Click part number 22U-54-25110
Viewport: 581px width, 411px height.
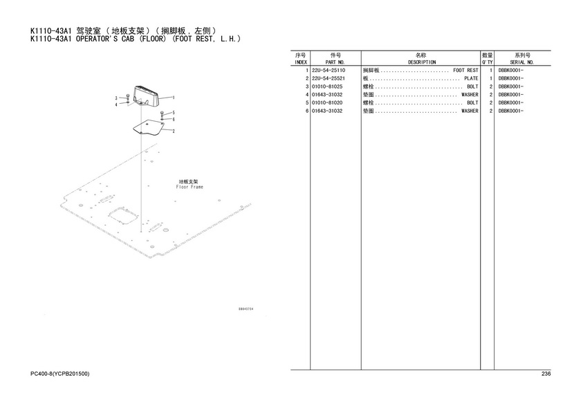[x=329, y=71]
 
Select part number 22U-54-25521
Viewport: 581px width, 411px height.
[x=329, y=79]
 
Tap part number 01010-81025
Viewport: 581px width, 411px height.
[x=327, y=86]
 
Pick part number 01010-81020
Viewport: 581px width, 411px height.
[x=327, y=103]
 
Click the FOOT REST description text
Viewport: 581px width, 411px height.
[x=465, y=71]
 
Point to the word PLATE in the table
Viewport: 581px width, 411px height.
[x=471, y=79]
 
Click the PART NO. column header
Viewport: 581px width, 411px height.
[x=335, y=62]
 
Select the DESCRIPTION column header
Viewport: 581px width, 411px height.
[x=422, y=62]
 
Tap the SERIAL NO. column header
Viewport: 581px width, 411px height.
[x=522, y=62]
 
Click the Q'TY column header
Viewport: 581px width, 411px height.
[x=487, y=62]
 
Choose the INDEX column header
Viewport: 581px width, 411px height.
[x=301, y=62]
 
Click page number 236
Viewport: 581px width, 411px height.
[x=546, y=374]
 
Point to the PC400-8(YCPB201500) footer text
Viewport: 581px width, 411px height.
[x=59, y=374]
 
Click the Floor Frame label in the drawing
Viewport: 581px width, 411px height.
[x=190, y=187]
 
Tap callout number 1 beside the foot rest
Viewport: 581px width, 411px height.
[x=174, y=98]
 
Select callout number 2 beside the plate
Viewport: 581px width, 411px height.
[x=174, y=131]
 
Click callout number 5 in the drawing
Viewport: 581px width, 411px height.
[x=174, y=113]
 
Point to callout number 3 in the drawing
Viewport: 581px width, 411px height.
[x=116, y=98]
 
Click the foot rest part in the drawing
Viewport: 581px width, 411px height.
[x=145, y=96]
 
